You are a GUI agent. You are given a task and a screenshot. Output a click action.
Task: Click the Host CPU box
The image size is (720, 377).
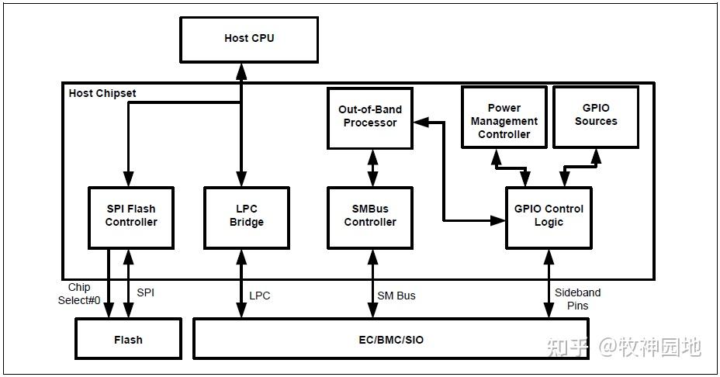click(x=249, y=39)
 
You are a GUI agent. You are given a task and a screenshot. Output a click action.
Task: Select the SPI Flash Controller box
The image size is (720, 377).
click(x=130, y=216)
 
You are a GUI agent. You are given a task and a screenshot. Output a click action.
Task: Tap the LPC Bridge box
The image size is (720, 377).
click(x=246, y=216)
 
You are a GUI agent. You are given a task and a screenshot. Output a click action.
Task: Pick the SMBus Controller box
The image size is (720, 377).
click(x=370, y=216)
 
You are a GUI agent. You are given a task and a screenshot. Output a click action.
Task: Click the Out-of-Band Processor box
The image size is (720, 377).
click(x=370, y=117)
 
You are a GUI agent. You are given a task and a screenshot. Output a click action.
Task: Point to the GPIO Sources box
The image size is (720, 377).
click(x=595, y=116)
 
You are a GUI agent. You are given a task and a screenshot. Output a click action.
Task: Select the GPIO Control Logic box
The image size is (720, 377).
click(x=549, y=216)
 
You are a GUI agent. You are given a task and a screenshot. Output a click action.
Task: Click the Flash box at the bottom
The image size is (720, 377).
click(x=128, y=339)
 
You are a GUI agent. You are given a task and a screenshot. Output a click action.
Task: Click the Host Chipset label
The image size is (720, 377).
click(x=102, y=93)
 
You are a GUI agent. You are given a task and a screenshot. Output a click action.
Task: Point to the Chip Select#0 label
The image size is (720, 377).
click(x=79, y=294)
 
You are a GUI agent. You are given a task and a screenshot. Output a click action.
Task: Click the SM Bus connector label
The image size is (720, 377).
click(x=396, y=296)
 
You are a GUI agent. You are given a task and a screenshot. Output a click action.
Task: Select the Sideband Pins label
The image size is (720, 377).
click(x=577, y=299)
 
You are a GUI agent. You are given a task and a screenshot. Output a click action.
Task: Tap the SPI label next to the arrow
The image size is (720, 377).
click(x=146, y=293)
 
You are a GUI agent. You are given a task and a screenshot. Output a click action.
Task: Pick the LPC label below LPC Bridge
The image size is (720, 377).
click(x=259, y=296)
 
